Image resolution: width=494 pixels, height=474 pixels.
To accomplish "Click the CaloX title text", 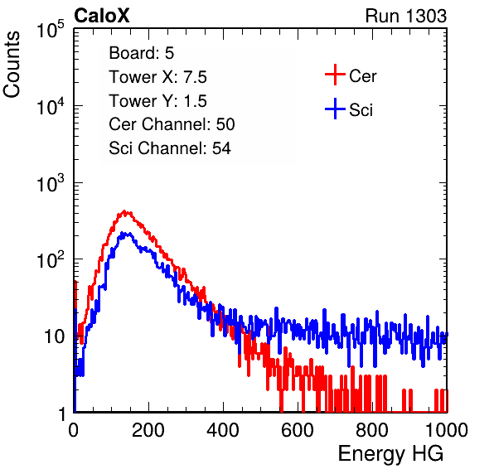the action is tap(102, 16).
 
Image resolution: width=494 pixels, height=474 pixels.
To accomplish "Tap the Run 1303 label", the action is tap(406, 16).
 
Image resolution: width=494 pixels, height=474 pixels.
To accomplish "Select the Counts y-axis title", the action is tap(12, 65).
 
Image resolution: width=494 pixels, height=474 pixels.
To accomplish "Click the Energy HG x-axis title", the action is tap(390, 454).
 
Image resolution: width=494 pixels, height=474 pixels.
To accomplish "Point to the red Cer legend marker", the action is tap(335, 75).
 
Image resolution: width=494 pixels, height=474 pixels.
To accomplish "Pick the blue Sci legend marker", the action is tap(335, 109).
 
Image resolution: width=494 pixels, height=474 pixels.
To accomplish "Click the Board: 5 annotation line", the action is tap(141, 53).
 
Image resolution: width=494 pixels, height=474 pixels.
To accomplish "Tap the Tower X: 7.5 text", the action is tap(157, 77).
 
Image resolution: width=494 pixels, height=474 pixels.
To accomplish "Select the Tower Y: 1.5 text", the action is tap(157, 101).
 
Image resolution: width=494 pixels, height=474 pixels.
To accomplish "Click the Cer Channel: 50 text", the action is tap(172, 124).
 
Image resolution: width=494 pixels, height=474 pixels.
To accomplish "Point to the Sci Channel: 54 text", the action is tap(170, 148).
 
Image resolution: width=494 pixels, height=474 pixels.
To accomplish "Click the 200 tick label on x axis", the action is tap(148, 430).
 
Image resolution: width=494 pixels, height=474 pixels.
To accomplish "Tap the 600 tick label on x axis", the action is tap(298, 430).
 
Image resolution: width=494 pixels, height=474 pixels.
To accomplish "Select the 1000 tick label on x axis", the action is tap(447, 430).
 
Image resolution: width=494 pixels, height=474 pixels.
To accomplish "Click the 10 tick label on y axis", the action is tap(55, 336).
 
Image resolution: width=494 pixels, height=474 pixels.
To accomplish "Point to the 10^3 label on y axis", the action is tap(51, 183).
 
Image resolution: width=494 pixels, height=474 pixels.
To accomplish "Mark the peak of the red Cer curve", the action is tap(125, 211).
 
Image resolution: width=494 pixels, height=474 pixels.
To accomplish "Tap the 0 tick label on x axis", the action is tap(73, 430).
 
